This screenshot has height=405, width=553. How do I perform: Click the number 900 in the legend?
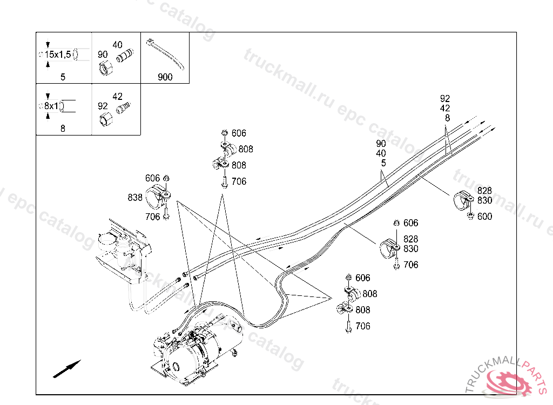165,77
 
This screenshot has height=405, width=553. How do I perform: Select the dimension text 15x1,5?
58,55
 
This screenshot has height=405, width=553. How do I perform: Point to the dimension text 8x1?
51,106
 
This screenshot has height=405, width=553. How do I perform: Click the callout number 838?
135,198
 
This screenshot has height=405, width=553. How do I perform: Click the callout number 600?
484,217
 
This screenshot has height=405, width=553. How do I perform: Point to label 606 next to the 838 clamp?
152,178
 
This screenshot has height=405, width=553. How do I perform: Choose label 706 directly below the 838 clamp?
152,217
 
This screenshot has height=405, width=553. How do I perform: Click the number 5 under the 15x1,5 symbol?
63,77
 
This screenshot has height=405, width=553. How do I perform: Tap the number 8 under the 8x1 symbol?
63,129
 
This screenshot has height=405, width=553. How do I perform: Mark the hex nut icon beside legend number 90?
105,69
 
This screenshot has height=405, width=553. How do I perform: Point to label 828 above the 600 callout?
484,191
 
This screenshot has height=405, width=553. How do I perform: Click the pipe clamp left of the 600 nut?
462,201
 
